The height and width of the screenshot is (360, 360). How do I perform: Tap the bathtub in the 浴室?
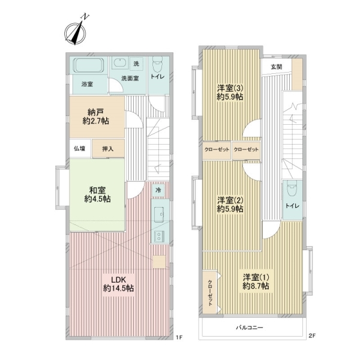point(88,65)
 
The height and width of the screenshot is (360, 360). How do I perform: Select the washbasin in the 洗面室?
point(119,62)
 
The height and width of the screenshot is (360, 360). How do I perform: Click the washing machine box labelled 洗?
point(136,64)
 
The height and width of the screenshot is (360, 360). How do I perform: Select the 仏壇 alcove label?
point(79,149)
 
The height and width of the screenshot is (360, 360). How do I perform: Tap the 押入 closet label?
point(108,149)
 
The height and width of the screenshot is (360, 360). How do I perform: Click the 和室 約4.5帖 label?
point(97,194)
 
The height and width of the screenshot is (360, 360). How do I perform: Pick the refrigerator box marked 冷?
point(158,190)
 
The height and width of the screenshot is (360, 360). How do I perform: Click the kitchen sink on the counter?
point(159,214)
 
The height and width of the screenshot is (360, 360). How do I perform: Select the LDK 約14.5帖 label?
point(118,284)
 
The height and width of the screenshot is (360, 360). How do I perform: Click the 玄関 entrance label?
point(277,67)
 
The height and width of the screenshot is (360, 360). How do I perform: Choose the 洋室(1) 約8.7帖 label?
point(256,281)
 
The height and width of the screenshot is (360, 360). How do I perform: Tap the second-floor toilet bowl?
point(292,188)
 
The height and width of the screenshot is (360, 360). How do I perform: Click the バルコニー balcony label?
point(250,328)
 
